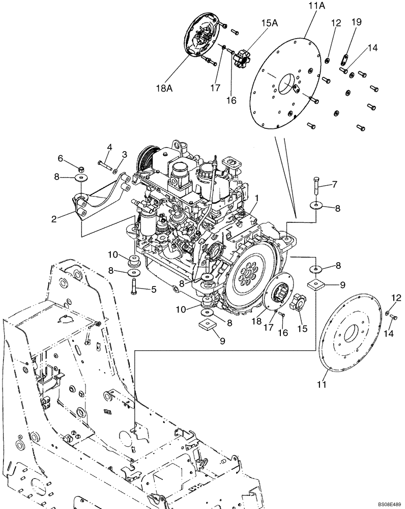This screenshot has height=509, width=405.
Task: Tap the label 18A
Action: [164, 88]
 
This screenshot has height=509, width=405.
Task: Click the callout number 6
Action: [61, 158]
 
